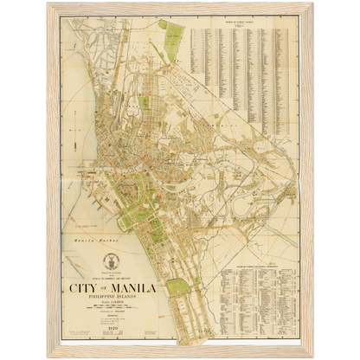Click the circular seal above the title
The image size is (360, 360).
[x=111, y=260]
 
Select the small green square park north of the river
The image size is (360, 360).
[x=145, y=102]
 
